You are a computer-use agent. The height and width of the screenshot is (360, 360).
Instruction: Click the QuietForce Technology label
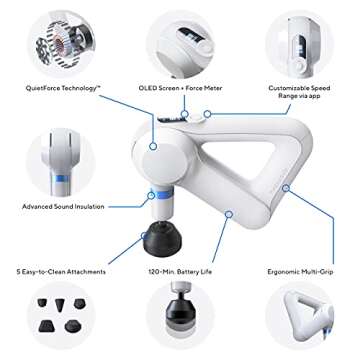pyautogui.click(x=64, y=88)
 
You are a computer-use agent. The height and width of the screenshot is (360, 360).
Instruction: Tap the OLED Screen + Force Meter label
pyautogui.click(x=180, y=88)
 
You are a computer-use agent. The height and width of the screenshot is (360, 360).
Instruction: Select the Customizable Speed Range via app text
pyautogui.click(x=299, y=92)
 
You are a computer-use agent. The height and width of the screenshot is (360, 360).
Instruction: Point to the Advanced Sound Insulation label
pyautogui.click(x=63, y=207)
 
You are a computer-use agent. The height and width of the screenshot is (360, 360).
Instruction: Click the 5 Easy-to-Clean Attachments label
pyautogui.click(x=61, y=272)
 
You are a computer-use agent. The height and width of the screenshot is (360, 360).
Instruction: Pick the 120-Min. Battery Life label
pyautogui.click(x=180, y=272)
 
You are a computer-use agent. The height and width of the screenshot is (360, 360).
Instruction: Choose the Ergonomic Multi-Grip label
pyautogui.click(x=300, y=272)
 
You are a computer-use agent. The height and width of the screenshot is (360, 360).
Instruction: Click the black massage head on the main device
pyautogui.click(x=162, y=239)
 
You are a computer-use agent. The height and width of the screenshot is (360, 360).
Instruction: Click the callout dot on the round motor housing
pyautogui.click(x=153, y=146)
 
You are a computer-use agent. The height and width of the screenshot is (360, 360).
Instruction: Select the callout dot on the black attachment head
pyautogui.click(x=144, y=236)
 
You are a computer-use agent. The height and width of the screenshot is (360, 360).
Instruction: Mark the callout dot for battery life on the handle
pyautogui.click(x=228, y=214)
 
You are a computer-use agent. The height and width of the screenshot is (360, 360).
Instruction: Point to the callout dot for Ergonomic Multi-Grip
pyautogui.click(x=285, y=188)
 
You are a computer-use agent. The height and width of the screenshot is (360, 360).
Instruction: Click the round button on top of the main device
pyautogui.click(x=196, y=117)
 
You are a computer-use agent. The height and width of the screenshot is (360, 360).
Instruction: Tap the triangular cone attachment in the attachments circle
pyautogui.click(x=60, y=305)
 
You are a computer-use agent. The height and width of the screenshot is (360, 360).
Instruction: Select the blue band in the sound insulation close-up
pyautogui.click(x=61, y=179)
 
